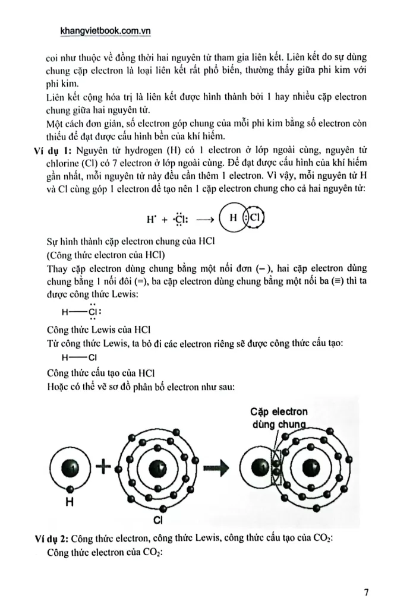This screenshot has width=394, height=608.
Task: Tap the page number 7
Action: click(x=366, y=592)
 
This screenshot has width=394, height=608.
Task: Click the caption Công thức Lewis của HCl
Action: click(x=98, y=328)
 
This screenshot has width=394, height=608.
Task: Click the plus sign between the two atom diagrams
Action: click(x=104, y=467)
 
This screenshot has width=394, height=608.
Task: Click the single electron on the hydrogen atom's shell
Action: click(x=70, y=489)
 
